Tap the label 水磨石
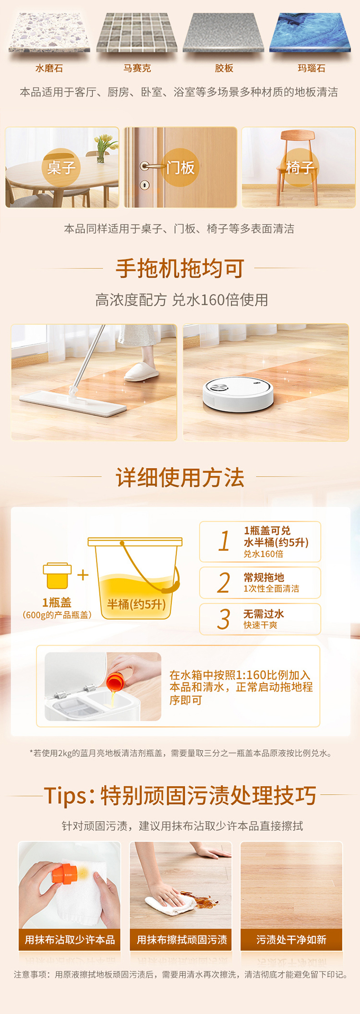pos(49,68)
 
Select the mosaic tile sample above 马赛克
pos(137,33)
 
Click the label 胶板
pos(224,68)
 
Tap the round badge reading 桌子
pos(61,167)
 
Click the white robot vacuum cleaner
pos(238,394)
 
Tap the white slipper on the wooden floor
pos(142,371)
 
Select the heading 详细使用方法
pos(180,477)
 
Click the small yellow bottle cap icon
pos(57,576)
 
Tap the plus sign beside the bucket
pos(83,574)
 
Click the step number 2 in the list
pos(224,583)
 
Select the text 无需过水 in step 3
pos(264,614)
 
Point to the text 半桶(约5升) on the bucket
pos(136,604)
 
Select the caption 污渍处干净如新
pos(291,940)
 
